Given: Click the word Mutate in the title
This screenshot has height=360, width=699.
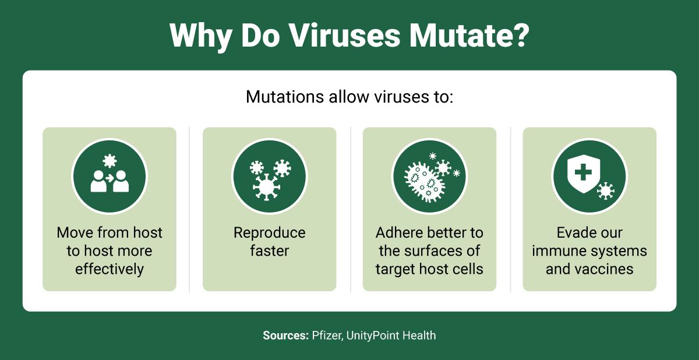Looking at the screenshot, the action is coord(469,36).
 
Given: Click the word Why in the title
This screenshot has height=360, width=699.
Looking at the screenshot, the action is coord(200,37).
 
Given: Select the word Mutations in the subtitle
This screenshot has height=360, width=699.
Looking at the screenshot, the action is coord(285,97).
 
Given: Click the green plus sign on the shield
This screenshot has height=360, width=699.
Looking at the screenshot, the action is coord(583,172).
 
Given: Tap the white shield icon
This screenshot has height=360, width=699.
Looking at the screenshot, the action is coord(583,174).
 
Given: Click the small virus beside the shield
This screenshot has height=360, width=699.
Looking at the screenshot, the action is coord(605,190).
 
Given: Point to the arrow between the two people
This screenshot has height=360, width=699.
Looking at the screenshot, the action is coord(110,178).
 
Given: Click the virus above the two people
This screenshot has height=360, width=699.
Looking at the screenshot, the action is coord(110,161).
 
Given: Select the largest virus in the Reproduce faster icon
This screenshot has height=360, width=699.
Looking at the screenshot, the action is coord(266,187).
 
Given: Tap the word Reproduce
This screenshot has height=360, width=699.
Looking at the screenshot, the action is coord(270,233).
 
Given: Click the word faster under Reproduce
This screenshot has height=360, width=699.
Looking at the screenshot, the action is coord(270,251).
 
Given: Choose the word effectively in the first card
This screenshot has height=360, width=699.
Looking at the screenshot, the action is coord(110,269).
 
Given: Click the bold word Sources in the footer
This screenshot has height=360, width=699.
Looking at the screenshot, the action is coord(285,336).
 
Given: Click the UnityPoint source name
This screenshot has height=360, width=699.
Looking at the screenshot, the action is coord(373,336).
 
